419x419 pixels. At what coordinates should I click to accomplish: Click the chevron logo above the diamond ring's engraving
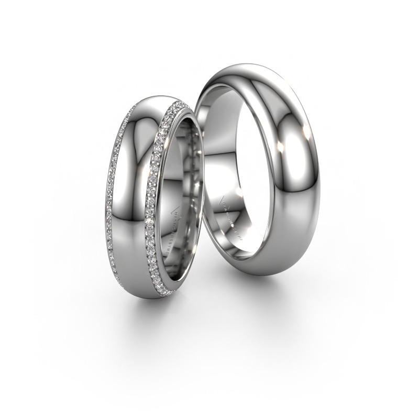[x=176, y=212]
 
